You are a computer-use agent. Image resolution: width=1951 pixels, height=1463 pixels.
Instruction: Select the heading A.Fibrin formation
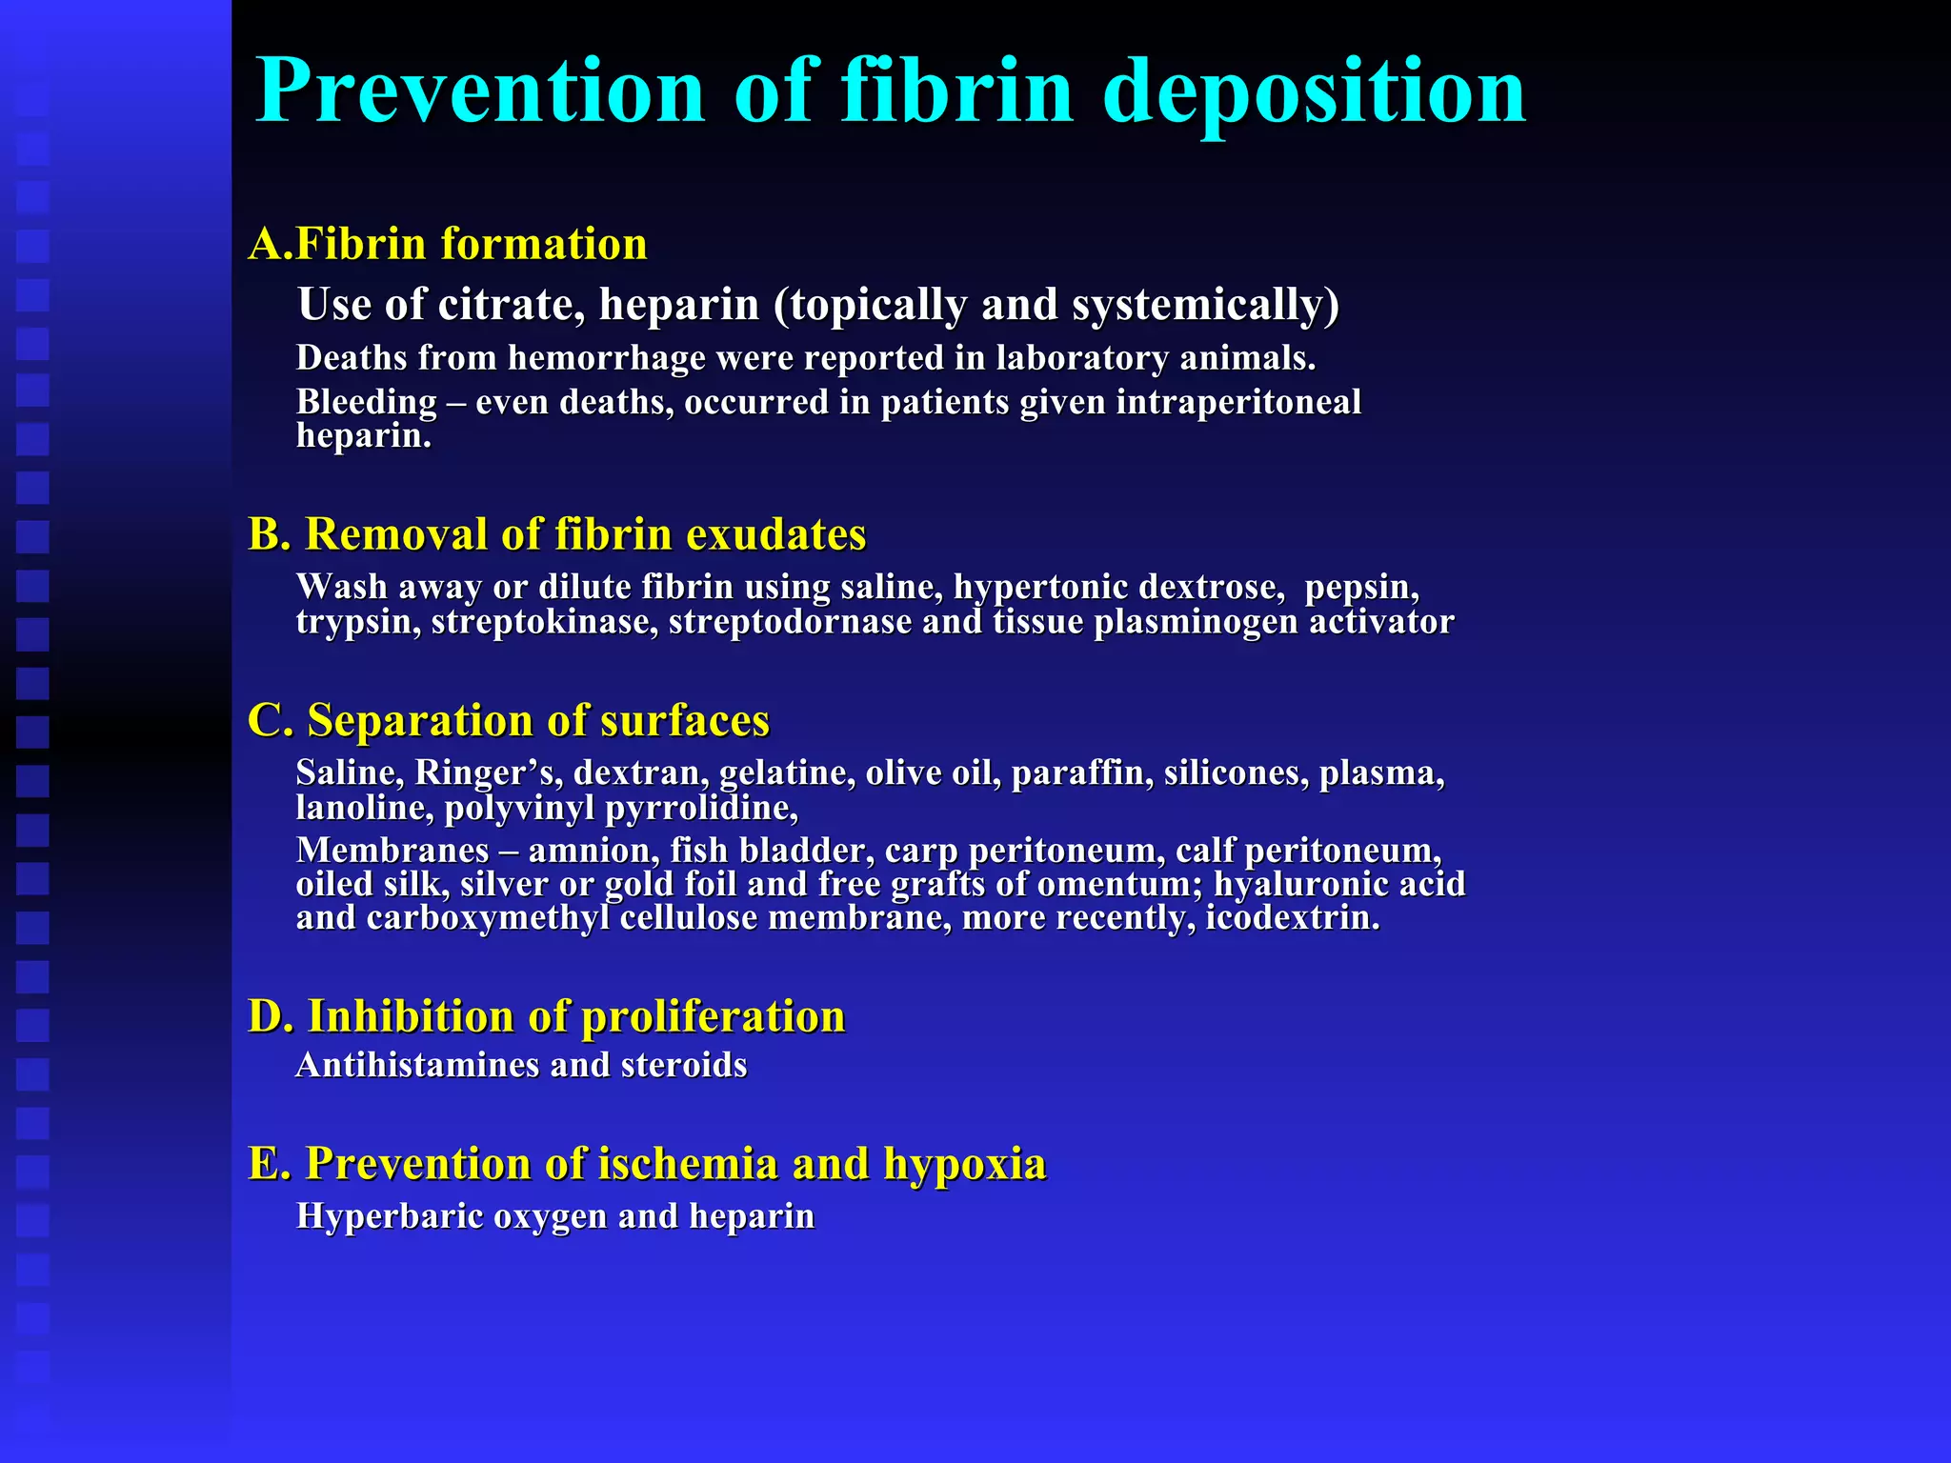(x=448, y=244)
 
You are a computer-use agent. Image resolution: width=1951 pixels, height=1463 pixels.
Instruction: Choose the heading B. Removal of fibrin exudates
(x=557, y=534)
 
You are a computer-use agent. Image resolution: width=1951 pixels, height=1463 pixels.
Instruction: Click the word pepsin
(x=1360, y=588)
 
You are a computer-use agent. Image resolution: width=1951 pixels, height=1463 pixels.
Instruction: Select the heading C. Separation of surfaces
(x=509, y=720)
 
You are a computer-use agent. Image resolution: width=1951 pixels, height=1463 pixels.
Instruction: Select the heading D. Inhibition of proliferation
(x=547, y=1016)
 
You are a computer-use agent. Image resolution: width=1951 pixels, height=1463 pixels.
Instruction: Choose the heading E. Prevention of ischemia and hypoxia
(x=648, y=1164)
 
